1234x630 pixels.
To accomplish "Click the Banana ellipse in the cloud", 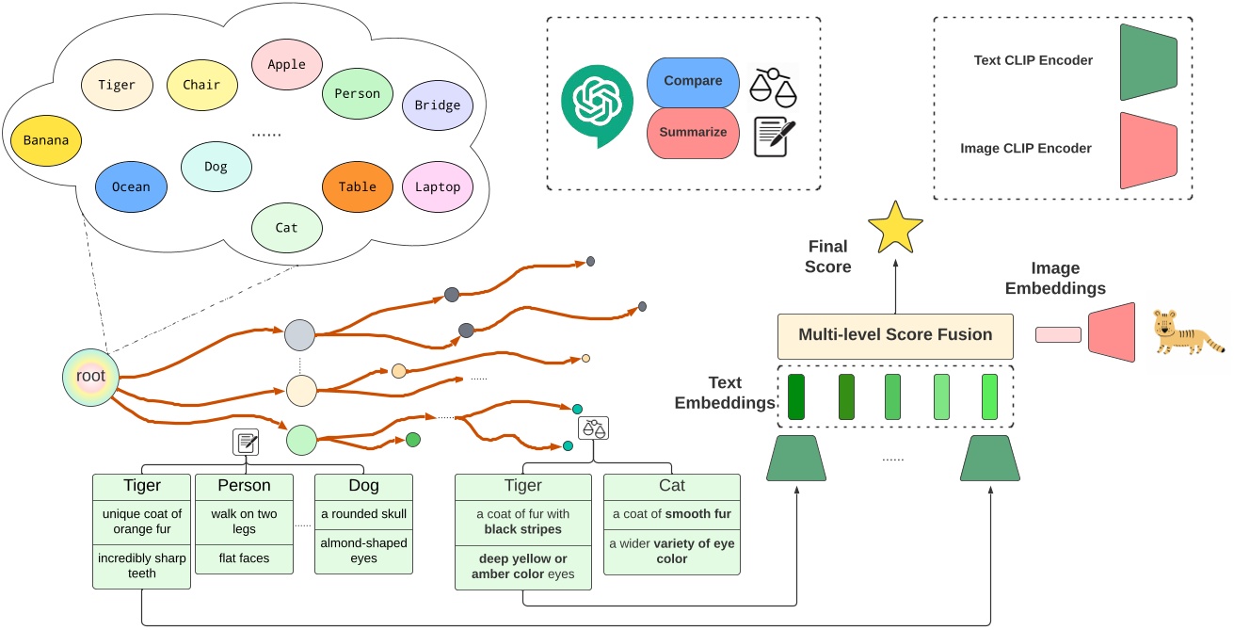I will (46, 141).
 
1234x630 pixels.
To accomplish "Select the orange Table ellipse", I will (357, 186).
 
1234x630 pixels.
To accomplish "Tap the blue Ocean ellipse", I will (131, 186).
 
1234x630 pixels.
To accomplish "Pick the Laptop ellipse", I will (438, 186).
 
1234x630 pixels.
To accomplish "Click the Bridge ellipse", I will (438, 105).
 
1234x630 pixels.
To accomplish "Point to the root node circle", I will (91, 377).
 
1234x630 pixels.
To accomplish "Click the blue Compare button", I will (693, 81).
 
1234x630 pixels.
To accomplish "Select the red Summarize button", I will (693, 132).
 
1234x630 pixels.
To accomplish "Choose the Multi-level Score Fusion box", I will (894, 335).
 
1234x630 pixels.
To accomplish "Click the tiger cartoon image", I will (1188, 335).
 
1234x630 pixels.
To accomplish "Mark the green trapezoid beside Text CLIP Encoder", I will (1149, 62).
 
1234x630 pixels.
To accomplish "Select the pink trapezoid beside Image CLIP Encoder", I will (1149, 151).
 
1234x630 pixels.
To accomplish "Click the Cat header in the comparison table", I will (672, 486).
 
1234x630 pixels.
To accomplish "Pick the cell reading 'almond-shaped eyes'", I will (363, 551).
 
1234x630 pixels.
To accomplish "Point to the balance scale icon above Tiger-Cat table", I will (594, 428).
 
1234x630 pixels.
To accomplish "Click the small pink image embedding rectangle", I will (1058, 334).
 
